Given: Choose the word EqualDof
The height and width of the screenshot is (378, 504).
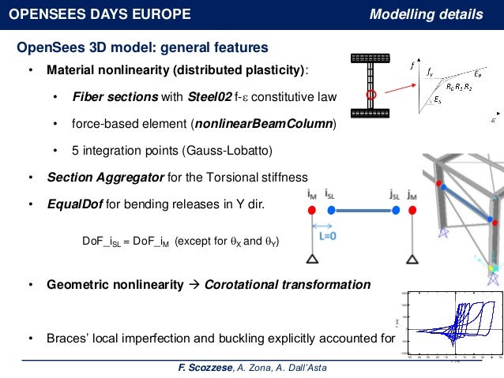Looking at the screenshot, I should click(x=73, y=204).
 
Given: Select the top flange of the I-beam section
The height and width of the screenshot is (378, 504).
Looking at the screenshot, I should click(x=370, y=58).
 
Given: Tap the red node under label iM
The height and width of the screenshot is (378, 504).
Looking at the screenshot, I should click(x=313, y=210).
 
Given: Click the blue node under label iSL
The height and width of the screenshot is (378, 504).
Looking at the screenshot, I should click(x=332, y=210).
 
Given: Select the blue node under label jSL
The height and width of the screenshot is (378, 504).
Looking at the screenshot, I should click(x=394, y=210).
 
